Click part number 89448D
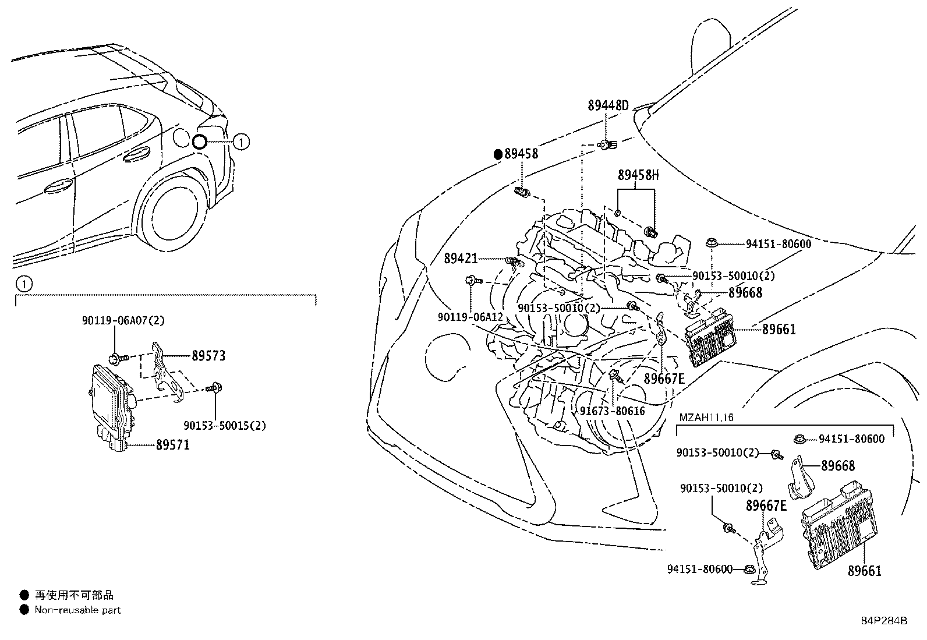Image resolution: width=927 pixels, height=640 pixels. click(608, 106)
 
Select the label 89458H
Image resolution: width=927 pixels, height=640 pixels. click(638, 175)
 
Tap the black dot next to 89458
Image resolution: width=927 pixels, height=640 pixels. click(498, 154)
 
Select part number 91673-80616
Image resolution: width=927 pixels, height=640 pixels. click(612, 411)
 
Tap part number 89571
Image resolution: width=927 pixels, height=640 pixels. click(172, 445)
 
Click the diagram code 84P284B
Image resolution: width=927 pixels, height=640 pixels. click(884, 621)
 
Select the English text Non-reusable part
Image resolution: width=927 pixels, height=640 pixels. click(77, 610)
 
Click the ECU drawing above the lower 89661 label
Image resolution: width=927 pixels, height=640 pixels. click(838, 524)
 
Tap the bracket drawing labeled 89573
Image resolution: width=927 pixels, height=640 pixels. click(165, 373)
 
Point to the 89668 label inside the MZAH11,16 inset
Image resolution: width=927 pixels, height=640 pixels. click(838, 465)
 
